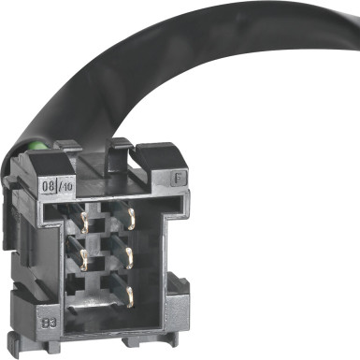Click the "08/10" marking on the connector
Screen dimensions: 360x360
59,186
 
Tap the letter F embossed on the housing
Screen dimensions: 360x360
179,176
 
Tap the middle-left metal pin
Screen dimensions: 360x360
87,257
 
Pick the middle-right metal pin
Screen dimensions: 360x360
131,255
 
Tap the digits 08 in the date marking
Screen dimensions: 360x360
50,186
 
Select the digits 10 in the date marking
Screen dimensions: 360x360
68,186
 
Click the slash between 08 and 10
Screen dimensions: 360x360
59,186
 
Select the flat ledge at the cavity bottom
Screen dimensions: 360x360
108,318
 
